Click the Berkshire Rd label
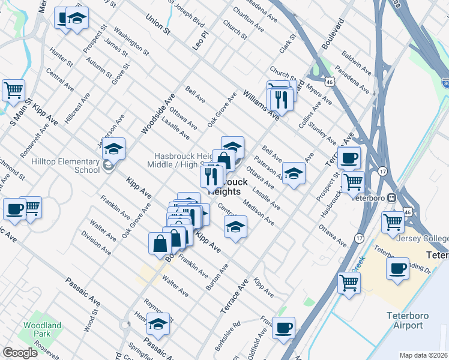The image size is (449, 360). pos(228,337)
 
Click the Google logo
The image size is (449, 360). pos(20,353)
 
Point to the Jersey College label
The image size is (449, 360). pos(423,238)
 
